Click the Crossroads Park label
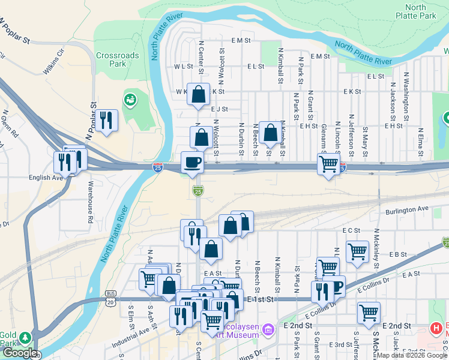(x=117, y=59)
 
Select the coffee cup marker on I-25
(x=192, y=163)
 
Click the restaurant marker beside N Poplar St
(x=106, y=120)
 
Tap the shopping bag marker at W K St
(x=198, y=94)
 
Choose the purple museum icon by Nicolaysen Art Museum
(x=268, y=328)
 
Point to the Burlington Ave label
(x=408, y=209)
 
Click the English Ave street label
(x=46, y=178)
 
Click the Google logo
(x=20, y=352)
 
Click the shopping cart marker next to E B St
(x=358, y=251)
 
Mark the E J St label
(x=220, y=109)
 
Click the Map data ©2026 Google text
(x=411, y=355)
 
